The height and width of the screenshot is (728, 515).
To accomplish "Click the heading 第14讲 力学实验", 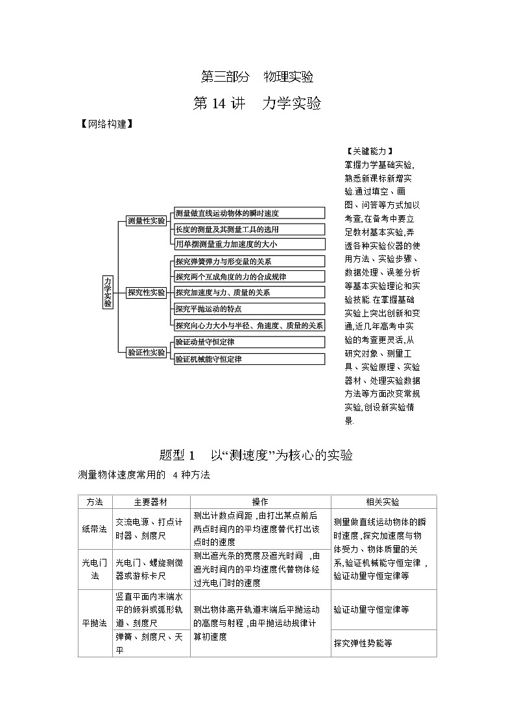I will coord(257,103).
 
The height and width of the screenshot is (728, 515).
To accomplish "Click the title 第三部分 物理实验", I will coord(257,76).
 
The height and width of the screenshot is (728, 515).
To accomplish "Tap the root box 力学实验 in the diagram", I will coord(108,292).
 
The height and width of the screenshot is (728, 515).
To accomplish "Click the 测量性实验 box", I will coord(146,221).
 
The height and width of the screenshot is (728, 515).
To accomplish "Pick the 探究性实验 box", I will coord(146,292).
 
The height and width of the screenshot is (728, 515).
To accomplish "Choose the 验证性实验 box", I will coord(146,352).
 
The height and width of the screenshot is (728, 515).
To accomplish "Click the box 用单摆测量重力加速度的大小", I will coord(249,244).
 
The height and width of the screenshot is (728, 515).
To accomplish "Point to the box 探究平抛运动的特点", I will coord(249,309).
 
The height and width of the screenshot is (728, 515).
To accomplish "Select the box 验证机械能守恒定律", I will coord(249,358).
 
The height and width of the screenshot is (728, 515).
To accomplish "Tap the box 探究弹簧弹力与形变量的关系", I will coord(249,261).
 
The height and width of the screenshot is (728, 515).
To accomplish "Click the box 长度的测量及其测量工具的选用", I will coord(249,229).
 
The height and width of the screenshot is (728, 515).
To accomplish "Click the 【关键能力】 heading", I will coord(370,152).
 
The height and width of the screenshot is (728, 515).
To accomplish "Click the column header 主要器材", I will coord(151,502).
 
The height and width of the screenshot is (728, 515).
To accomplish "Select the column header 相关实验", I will coord(383,502).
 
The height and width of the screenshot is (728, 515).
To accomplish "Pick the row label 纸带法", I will coord(95,529).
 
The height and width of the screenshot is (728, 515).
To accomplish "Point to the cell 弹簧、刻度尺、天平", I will coord(150,643).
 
